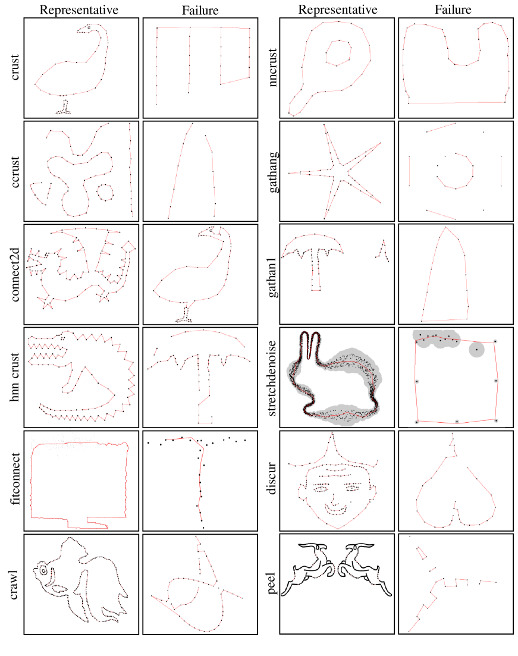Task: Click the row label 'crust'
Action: coord(15,67)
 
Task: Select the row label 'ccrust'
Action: coord(15,172)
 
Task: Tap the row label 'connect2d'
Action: coord(15,274)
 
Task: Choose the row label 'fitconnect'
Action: coord(15,479)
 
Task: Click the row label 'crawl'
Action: coord(15,585)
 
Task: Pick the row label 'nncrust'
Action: coord(272,67)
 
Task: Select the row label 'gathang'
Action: coord(273,172)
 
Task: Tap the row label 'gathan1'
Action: coord(273,277)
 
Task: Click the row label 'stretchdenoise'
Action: coord(272,378)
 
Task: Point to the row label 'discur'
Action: coord(272,479)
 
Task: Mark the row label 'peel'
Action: coord(272,583)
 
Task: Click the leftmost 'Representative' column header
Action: coord(79,10)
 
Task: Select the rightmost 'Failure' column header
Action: coord(453,10)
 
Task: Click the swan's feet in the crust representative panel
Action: coord(64,108)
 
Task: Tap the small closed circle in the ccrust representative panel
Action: coord(105,192)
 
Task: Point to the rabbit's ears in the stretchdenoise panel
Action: coord(310,345)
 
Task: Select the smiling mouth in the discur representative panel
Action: coord(336,510)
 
